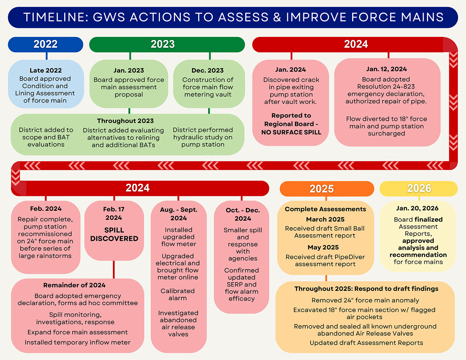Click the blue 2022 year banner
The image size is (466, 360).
coord(46,44)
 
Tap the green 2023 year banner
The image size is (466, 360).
coord(163,44)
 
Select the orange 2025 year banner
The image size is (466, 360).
coord(322,189)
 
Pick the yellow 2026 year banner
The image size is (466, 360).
coord(419,188)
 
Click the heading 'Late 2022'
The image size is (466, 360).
coord(46,71)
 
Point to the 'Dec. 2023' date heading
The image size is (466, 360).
coord(208,71)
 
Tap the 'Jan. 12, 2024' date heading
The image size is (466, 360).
coord(386,69)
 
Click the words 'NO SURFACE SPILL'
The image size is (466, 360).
coord(291,132)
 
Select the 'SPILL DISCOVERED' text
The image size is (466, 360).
coord(114,234)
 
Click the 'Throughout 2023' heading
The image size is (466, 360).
coord(125,121)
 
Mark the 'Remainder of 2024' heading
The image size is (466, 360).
coord(74,285)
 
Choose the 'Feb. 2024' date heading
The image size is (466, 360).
coord(46,209)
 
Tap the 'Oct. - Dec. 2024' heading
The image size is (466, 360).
coord(243,214)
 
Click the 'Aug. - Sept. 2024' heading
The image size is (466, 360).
coord(179,214)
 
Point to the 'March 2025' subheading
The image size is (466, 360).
coord(325,219)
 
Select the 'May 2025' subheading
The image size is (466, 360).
coord(323,247)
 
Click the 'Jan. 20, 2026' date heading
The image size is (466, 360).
coord(417,208)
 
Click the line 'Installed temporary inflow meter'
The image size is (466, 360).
coord(78,342)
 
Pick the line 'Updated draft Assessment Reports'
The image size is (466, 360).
coord(366,343)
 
